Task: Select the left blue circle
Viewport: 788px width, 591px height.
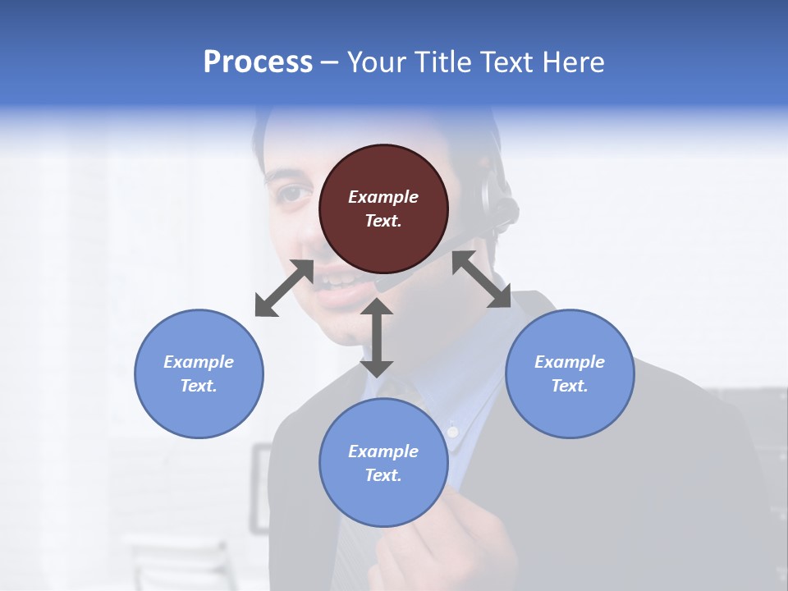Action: click(x=199, y=373)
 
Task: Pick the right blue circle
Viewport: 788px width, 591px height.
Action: click(x=570, y=373)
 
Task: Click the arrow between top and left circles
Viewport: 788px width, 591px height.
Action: click(x=284, y=288)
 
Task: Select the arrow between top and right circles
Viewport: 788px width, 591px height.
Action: click(x=482, y=279)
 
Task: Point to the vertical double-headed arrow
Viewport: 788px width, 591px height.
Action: click(x=377, y=337)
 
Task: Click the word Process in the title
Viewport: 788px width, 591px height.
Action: click(x=258, y=62)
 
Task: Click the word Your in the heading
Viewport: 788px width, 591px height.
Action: click(x=378, y=62)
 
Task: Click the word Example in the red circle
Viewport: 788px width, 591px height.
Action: click(x=383, y=197)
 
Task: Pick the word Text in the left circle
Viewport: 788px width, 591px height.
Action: click(x=199, y=386)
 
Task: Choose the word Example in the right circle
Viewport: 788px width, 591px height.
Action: click(x=570, y=362)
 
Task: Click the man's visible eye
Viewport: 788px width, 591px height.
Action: click(x=293, y=195)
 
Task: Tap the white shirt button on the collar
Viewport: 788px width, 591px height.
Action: click(x=451, y=429)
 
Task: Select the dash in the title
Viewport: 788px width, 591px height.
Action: click(x=330, y=62)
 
